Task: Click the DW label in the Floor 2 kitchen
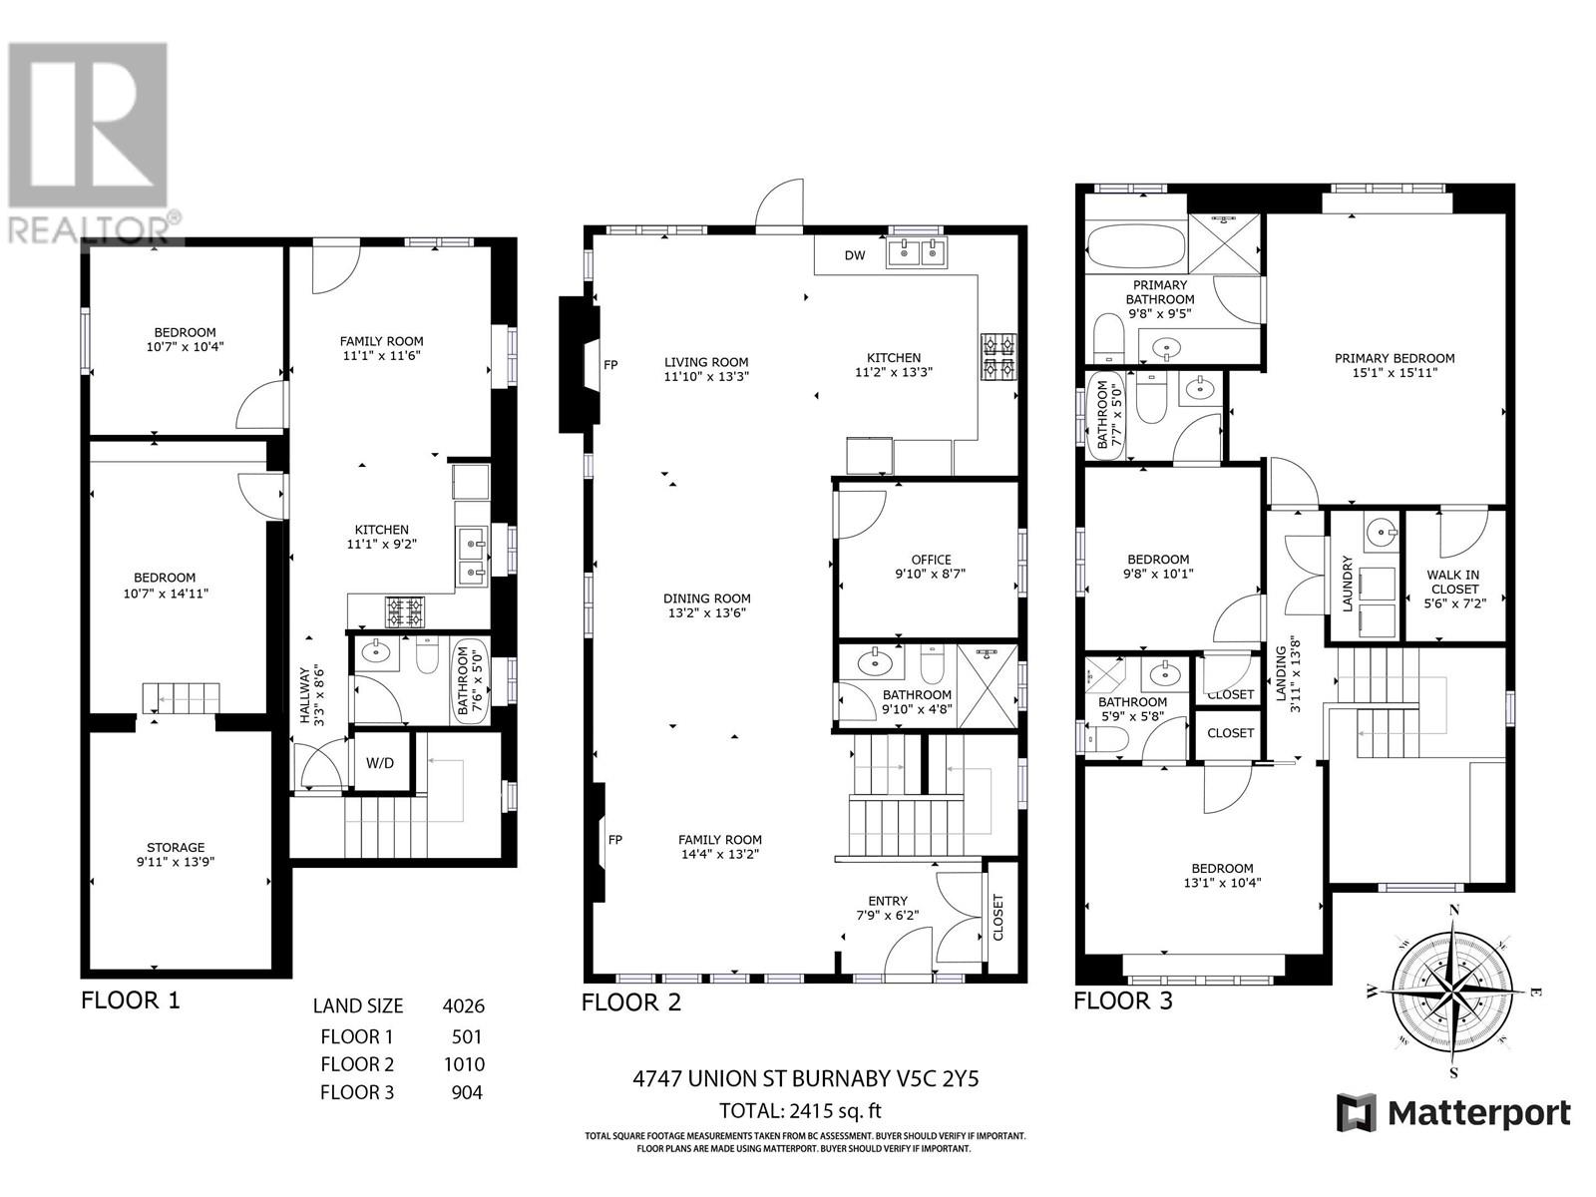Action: (855, 255)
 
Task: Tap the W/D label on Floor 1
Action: (380, 763)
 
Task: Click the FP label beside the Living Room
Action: (610, 365)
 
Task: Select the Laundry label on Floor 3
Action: (1347, 585)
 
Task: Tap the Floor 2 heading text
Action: (631, 1001)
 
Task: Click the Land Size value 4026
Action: (464, 1006)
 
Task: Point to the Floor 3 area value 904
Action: (467, 1092)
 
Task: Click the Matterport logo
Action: (1453, 1112)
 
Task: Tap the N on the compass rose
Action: (1454, 909)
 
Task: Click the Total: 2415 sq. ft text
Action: (801, 1110)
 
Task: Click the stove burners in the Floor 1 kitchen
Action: (405, 611)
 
